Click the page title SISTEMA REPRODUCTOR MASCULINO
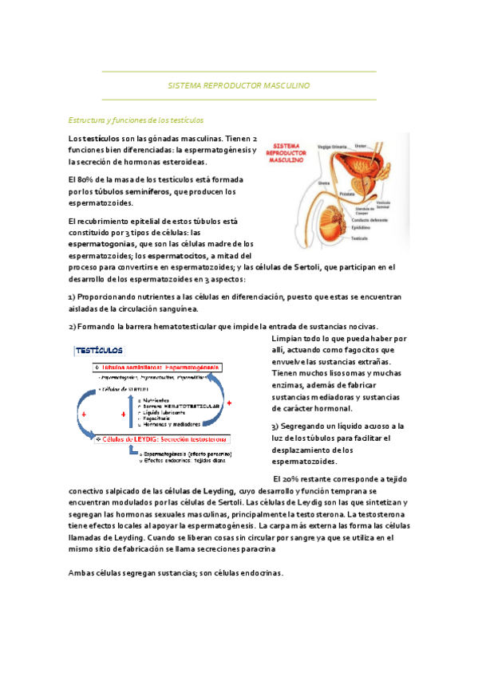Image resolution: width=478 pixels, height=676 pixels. (x=239, y=85)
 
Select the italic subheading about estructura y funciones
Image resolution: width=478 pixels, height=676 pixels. (x=136, y=120)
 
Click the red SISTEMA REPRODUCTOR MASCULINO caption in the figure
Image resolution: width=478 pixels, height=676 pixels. (x=286, y=152)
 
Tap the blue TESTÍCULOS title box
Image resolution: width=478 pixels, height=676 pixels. (x=98, y=349)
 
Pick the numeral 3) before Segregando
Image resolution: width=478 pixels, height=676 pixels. (x=275, y=426)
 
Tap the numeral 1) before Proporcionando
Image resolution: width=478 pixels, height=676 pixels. (x=73, y=297)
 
